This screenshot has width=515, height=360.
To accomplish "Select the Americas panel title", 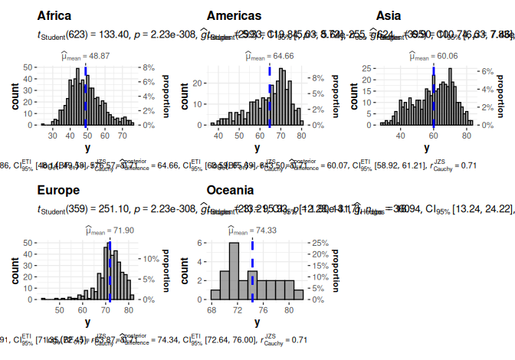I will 234,15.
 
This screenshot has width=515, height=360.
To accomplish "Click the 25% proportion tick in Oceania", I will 316,242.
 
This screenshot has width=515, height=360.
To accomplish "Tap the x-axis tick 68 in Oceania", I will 212,311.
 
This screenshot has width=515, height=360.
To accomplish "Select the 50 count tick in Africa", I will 27,67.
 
